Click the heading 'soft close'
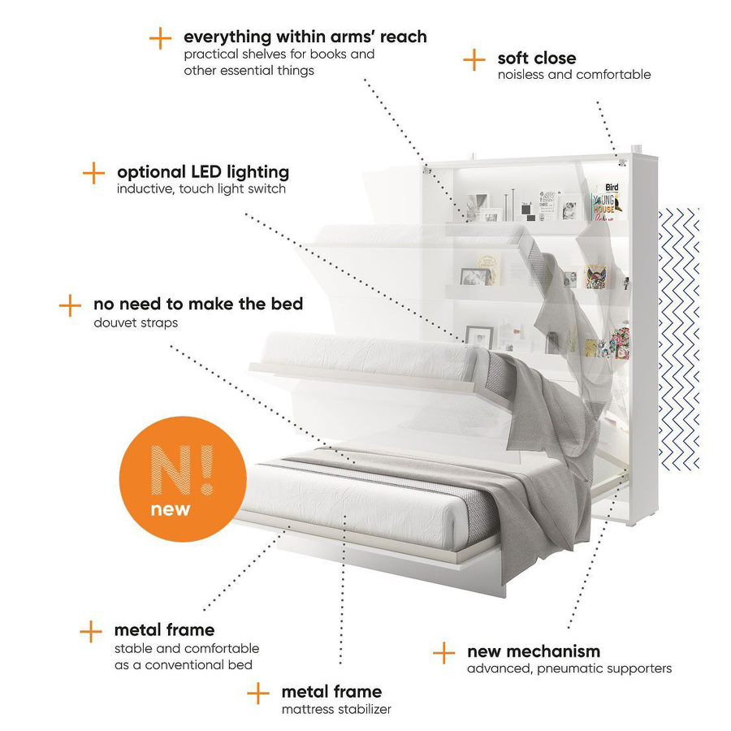(x=537, y=58)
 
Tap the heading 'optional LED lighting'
(x=203, y=172)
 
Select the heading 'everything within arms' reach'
(x=305, y=37)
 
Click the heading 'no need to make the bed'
(x=198, y=304)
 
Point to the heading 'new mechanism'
(x=534, y=651)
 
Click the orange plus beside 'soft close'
(x=474, y=60)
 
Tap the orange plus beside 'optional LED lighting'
(x=93, y=173)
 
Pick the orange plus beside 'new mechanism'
(x=443, y=653)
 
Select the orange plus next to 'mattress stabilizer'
(x=258, y=694)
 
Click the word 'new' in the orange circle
(x=171, y=509)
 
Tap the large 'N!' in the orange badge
(x=182, y=469)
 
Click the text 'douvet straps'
(x=136, y=322)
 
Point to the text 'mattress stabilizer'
(x=336, y=709)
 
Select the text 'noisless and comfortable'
(x=574, y=75)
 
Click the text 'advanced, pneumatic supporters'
(x=569, y=668)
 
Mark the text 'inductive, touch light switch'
(x=201, y=188)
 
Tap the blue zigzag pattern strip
(x=679, y=338)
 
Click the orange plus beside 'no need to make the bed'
(x=71, y=305)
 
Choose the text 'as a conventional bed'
(x=184, y=664)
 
